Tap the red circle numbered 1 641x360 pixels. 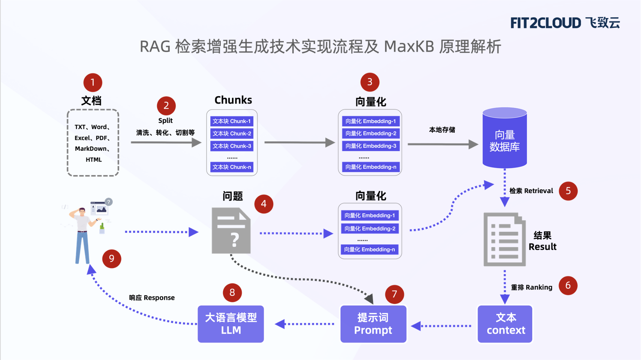tap(93, 82)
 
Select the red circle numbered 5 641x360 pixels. tap(568, 191)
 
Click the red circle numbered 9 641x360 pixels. tap(111, 259)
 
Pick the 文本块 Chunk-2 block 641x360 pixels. tap(232, 133)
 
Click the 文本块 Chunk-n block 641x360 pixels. tap(232, 167)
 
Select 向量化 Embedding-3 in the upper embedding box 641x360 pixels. tap(370, 146)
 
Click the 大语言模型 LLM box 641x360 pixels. tap(231, 324)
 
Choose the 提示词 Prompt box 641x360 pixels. tap(373, 324)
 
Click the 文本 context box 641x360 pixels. tap(505, 324)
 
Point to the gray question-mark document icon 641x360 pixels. tap(231, 231)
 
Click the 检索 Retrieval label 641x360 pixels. tap(531, 191)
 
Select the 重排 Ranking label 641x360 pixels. tap(531, 287)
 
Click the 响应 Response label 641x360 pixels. tap(152, 298)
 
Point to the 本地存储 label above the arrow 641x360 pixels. tap(442, 130)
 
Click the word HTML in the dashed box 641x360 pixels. tap(93, 160)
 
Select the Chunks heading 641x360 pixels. tap(233, 100)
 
